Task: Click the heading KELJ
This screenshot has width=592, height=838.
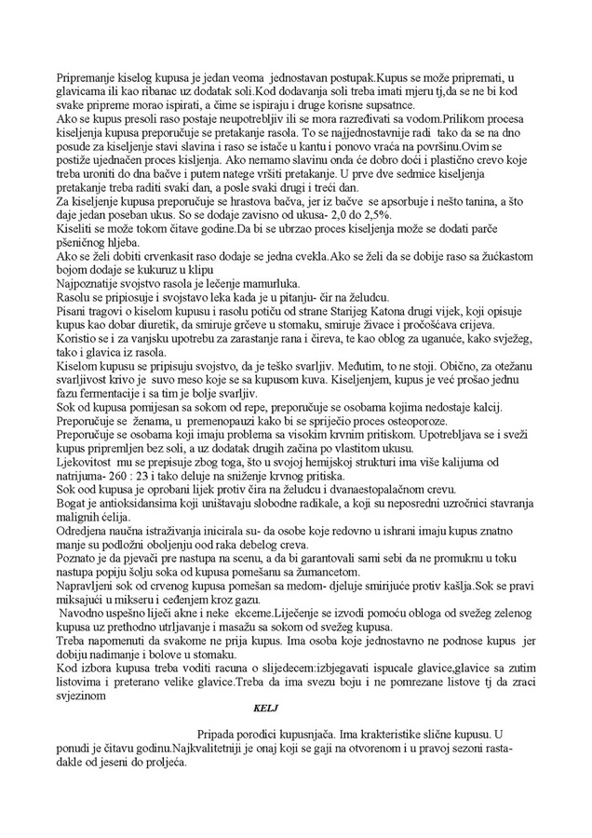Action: (267, 707)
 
